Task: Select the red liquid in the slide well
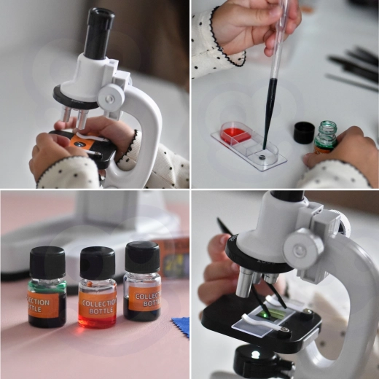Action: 235,133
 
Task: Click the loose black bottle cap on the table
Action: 304,132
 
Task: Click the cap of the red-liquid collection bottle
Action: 97,262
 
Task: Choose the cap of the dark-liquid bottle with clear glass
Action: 142,257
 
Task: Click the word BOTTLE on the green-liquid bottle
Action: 38,309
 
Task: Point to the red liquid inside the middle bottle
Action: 97,321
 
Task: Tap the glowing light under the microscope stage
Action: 255,355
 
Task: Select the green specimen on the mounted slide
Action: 266,314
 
